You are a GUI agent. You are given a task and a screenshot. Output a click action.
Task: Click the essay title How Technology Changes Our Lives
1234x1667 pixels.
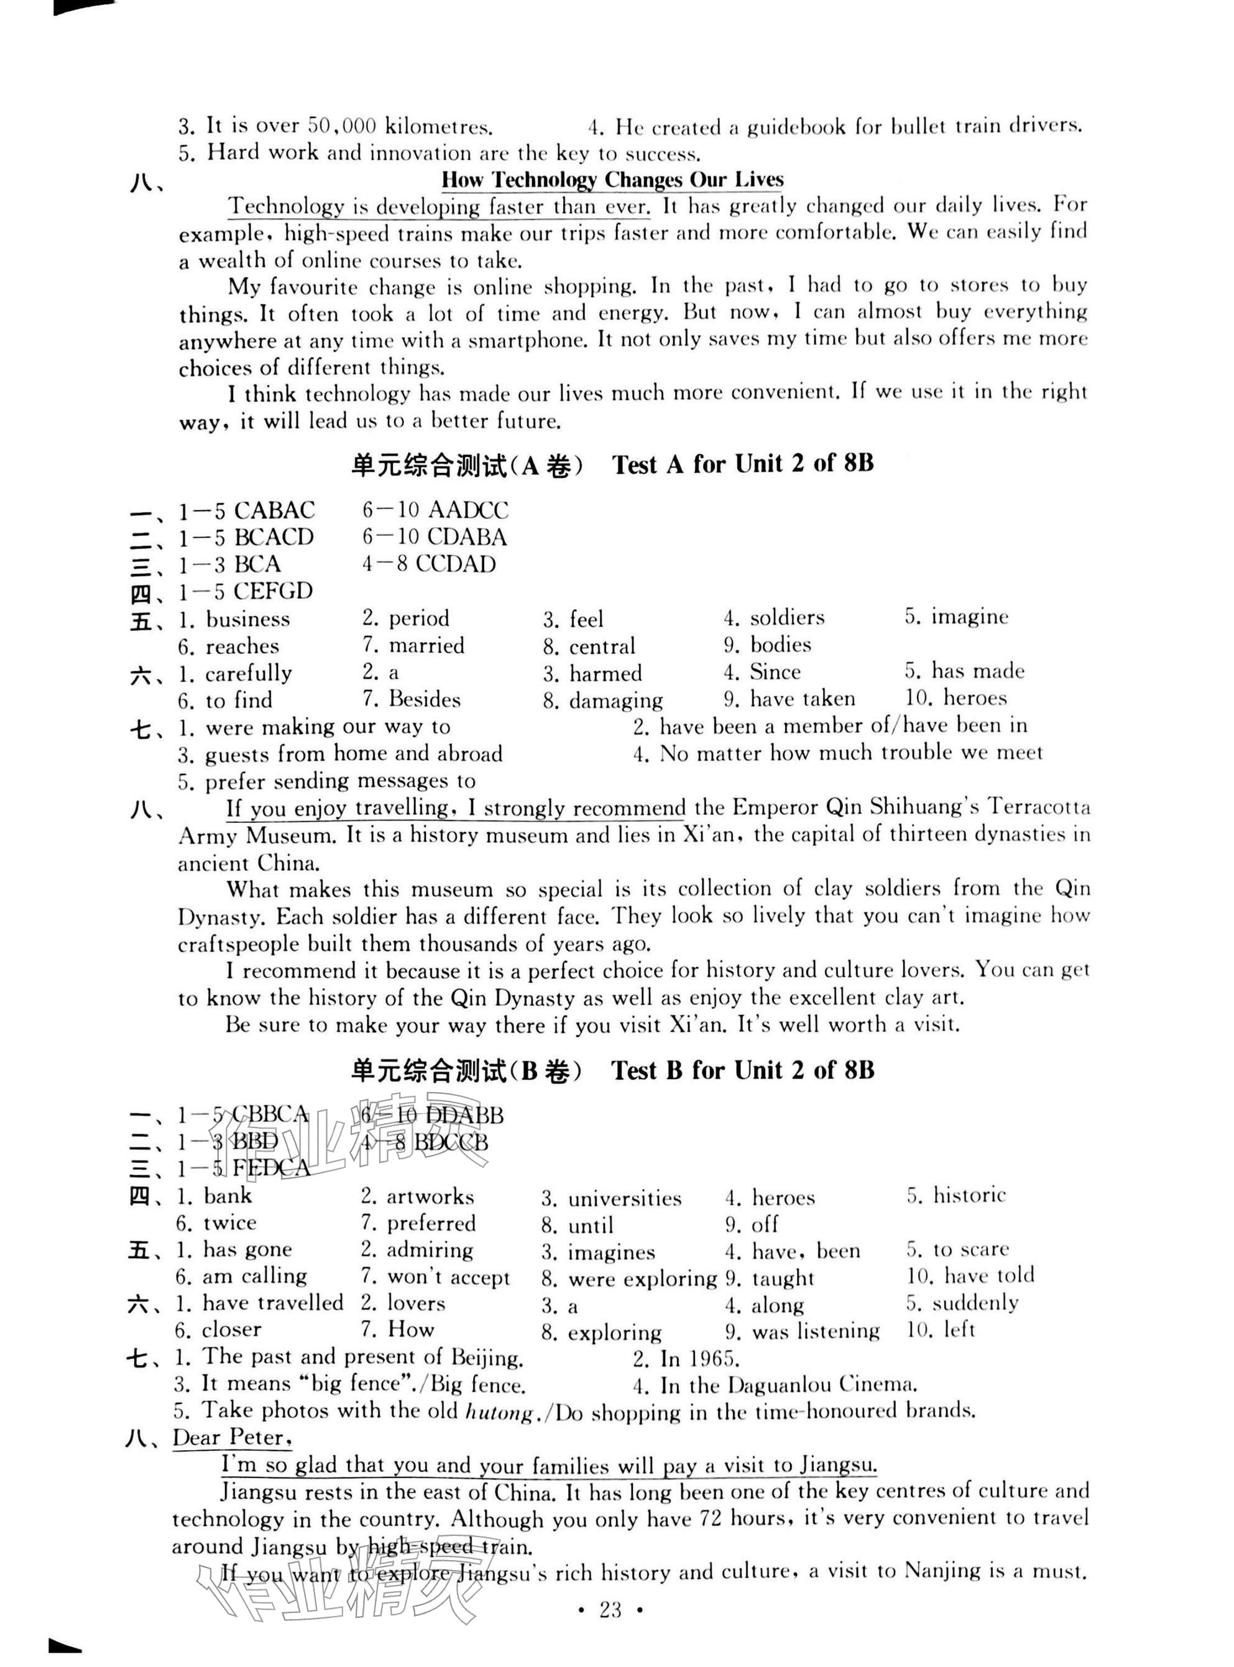pos(612,180)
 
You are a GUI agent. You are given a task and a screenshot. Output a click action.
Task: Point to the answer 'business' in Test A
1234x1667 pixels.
pos(247,619)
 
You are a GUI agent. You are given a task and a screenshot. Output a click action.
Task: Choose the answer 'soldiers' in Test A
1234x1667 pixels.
pos(787,618)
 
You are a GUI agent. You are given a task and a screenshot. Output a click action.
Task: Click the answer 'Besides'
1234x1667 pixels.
pos(424,700)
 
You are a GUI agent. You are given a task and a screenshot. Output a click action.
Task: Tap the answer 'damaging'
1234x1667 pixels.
pos(615,700)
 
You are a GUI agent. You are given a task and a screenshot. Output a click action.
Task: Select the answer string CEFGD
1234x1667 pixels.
pos(273,592)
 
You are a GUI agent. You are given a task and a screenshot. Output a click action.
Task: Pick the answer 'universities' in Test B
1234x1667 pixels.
pos(625,1199)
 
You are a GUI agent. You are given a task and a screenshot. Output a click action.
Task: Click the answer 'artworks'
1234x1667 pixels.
pos(430,1197)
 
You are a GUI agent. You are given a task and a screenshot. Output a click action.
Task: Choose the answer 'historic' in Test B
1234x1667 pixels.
pos(969,1195)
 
